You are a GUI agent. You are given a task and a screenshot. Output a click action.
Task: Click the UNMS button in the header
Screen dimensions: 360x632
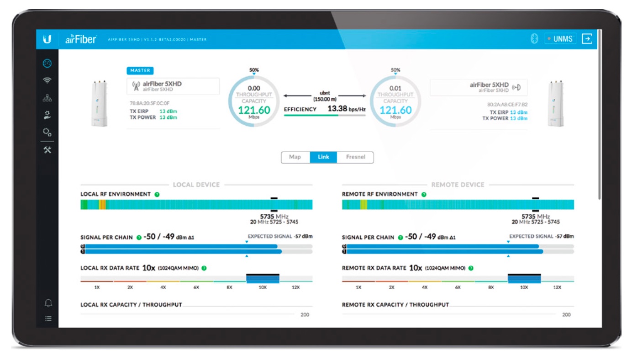click(560, 39)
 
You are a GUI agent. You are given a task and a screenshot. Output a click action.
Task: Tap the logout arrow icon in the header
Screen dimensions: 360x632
click(587, 39)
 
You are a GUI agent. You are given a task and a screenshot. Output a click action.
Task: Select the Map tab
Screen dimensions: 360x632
click(295, 157)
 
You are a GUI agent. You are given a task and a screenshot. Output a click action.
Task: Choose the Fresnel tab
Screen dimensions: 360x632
click(355, 157)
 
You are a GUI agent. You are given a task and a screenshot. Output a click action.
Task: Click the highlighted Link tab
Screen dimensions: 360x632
click(323, 157)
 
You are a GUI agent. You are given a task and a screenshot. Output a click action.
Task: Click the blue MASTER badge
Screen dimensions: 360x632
click(140, 71)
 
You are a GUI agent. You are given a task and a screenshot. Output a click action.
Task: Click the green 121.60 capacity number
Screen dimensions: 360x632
click(254, 110)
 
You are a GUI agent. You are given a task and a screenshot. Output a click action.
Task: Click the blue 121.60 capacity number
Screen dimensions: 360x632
click(395, 110)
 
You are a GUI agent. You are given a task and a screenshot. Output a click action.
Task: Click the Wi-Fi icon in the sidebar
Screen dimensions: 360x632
click(47, 81)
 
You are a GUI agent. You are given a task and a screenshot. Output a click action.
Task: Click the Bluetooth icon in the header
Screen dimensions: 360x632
click(534, 39)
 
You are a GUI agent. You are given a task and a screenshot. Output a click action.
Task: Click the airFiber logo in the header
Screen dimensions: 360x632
click(80, 39)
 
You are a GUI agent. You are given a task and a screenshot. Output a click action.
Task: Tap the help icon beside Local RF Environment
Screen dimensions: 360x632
click(157, 194)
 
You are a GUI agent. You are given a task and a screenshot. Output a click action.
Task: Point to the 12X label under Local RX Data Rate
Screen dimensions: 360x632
click(295, 288)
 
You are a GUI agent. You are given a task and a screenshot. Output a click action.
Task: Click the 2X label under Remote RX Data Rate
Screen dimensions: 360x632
click(391, 288)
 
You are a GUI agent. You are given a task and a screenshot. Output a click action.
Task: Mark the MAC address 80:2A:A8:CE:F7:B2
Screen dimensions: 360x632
click(507, 104)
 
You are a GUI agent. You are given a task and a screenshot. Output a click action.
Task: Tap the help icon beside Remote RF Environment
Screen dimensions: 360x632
click(424, 194)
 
